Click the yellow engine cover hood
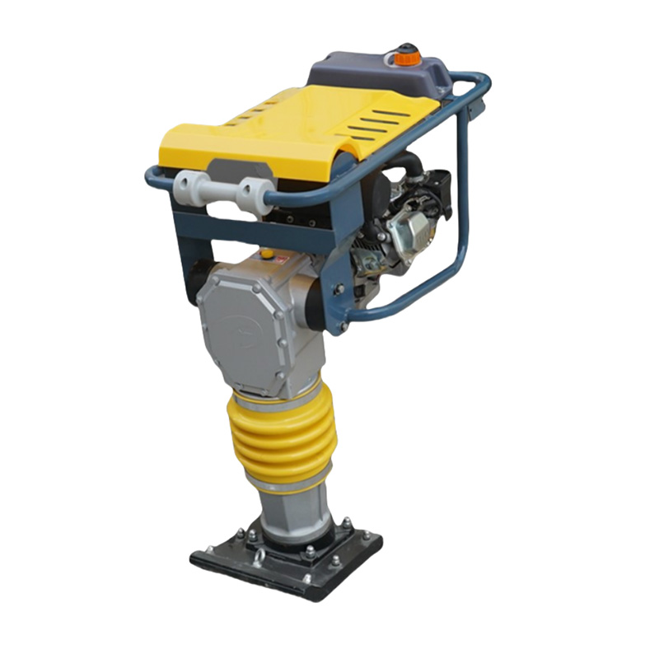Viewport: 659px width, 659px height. (x=272, y=132)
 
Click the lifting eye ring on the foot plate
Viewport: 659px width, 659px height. (x=258, y=559)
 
